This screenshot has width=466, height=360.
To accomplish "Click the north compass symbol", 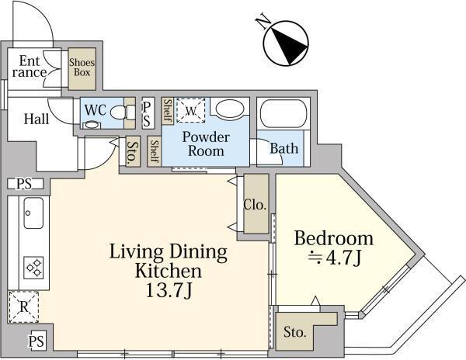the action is point(286,43).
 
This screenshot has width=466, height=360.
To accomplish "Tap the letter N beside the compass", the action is point(263,22).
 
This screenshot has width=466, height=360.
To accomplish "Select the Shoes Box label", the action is point(82,67).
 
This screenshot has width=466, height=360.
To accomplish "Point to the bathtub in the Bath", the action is point(283,114).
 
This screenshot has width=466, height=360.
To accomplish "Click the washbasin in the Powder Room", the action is point(229,109).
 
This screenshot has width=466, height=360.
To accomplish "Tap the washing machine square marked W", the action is point(191,110).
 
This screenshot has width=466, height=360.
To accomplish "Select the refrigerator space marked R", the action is point(24,307).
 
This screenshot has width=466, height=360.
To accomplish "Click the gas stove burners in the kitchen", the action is point(33,268).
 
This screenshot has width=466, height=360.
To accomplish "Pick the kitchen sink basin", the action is point(33,213).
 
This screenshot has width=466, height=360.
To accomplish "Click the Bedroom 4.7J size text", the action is point(335,258).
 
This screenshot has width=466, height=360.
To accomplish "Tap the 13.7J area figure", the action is point(169,290).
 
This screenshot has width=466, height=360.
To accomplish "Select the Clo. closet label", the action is point(255,205).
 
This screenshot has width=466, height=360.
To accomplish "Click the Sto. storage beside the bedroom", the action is point(294,332).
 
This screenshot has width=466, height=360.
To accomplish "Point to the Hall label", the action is point(37,119).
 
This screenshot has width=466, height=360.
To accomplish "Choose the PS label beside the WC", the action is point(147,114).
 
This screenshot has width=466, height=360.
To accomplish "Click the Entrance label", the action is point(30,67).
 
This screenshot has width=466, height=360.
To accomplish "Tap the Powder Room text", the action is point(206,144).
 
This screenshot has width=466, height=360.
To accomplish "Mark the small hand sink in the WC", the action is point(91,125).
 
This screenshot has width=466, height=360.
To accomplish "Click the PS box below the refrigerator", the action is point(37,341).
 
